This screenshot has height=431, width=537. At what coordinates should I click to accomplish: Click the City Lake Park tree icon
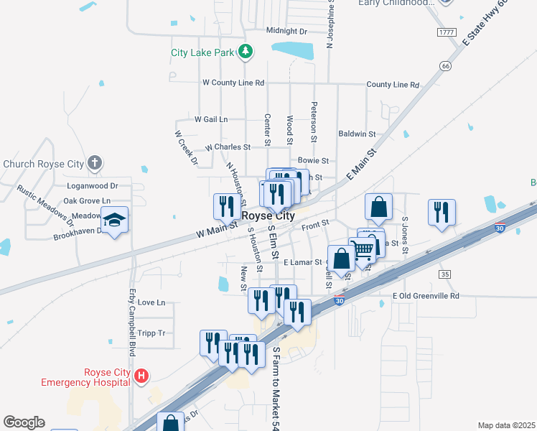pos(246,52)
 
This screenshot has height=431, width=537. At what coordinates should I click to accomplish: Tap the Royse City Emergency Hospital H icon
pos(142,376)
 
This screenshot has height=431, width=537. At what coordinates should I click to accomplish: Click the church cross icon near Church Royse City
pos(94,164)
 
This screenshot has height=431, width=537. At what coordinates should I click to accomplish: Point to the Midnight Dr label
pos(286,31)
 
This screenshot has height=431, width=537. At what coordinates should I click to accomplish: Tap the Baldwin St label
pos(357,134)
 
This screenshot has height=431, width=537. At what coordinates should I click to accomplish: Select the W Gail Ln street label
pos(210,119)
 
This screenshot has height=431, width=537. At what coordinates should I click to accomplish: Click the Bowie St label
pos(313,161)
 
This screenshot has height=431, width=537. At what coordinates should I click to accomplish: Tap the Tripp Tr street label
pos(151,333)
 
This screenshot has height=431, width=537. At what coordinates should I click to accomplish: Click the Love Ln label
pos(151,302)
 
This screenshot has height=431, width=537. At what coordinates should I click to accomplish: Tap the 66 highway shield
pos(446,66)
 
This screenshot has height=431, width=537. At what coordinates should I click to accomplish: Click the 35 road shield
pos(445,274)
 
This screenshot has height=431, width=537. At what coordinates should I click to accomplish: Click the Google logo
pos(24,422)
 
